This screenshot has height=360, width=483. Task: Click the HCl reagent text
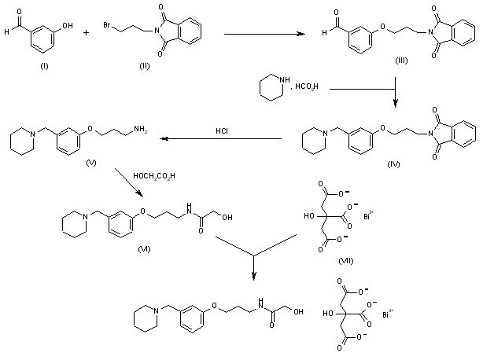223,131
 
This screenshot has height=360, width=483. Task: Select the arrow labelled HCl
222,140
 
